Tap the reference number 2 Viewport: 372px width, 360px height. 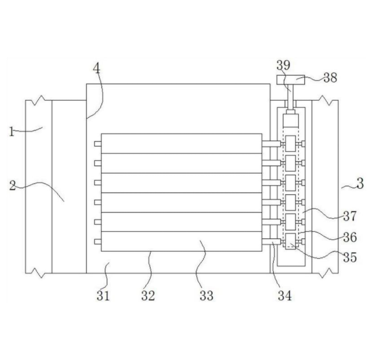tap(12, 186)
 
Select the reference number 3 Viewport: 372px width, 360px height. tap(360, 183)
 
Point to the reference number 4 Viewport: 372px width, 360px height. tap(97, 69)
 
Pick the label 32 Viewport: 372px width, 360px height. tap(148, 295)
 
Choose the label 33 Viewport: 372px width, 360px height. tap(207, 295)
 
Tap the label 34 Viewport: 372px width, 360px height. tap(285, 295)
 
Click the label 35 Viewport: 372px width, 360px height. tap(350, 257)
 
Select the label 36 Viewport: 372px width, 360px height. tap(350, 235)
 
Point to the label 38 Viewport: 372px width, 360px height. tap(330, 77)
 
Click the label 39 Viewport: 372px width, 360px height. tap(284, 65)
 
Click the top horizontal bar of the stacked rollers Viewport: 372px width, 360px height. tap(181, 143)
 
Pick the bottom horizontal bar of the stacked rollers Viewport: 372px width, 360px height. tap(181, 241)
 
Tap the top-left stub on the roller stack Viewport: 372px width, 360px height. tap(97, 144)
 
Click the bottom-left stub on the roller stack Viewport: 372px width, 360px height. tap(97, 242)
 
